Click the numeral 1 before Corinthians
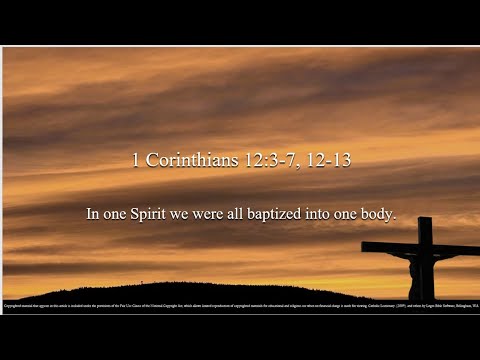click(x=135, y=160)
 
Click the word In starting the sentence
click(x=92, y=214)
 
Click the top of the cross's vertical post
click(x=426, y=223)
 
